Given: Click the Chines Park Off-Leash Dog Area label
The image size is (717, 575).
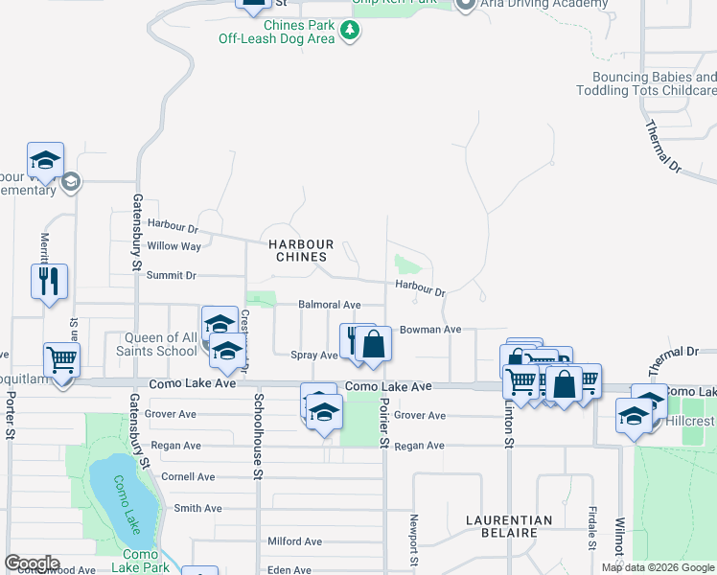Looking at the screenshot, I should [276, 31].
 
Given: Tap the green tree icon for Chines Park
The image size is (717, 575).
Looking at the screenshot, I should [351, 31].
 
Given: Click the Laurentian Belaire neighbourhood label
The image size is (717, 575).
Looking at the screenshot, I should [508, 528].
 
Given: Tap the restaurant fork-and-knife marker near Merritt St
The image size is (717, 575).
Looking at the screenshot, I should [49, 283].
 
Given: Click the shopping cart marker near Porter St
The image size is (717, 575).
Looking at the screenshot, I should [61, 361].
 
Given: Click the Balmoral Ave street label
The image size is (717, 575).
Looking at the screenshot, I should [329, 305].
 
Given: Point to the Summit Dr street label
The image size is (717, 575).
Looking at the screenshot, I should [171, 275].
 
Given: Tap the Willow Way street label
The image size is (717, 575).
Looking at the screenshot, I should [173, 246].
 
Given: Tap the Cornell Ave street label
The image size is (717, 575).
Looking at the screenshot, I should [188, 476].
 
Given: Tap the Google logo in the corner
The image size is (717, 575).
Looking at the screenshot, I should [31, 563].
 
